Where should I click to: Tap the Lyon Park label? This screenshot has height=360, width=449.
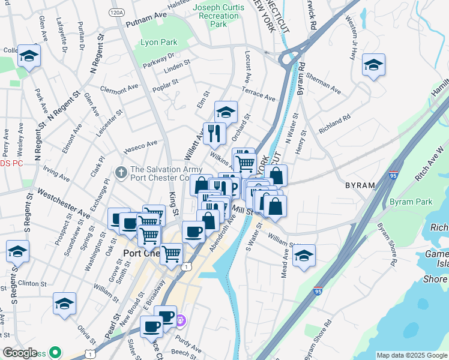(158, 43)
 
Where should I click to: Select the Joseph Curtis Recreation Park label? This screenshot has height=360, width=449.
(218, 16)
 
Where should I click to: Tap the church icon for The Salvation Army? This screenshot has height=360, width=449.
(121, 173)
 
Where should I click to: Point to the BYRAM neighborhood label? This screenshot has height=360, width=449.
(360, 186)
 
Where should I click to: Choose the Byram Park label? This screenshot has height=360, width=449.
(411, 202)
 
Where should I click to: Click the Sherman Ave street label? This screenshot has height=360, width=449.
(323, 84)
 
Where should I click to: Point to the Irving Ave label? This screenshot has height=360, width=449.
(56, 174)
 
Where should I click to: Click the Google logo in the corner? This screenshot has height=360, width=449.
(20, 352)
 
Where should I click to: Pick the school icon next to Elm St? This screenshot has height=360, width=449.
(226, 112)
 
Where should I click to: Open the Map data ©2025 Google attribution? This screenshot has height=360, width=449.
(411, 355)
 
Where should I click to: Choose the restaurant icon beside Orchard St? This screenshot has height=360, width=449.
(214, 133)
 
